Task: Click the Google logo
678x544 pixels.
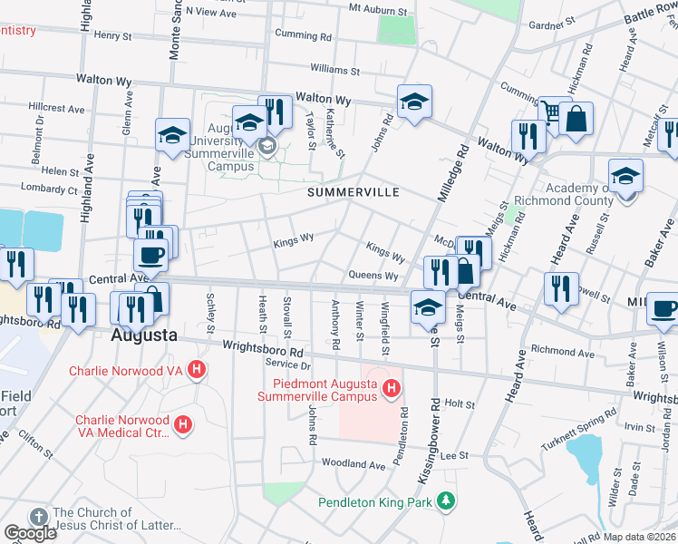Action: click(29, 533)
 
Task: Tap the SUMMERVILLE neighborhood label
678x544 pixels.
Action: click(353, 192)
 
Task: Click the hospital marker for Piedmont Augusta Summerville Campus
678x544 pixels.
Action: click(391, 390)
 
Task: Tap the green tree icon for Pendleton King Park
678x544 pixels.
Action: click(445, 500)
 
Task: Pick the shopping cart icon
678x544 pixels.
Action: click(550, 111)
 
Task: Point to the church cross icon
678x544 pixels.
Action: click(38, 516)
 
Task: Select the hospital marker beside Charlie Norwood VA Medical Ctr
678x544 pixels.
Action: click(183, 423)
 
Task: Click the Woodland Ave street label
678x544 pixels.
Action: click(354, 463)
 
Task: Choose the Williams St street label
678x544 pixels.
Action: click(334, 70)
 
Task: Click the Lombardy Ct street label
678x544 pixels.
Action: click(53, 191)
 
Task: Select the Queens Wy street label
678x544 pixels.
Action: click(373, 276)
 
